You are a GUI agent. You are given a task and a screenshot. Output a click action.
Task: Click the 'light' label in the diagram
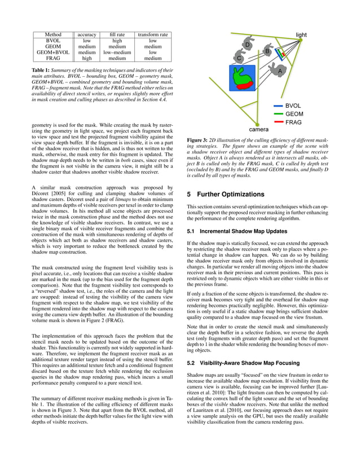tap(301, 35)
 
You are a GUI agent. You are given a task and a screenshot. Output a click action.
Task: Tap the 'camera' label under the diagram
tap(259, 129)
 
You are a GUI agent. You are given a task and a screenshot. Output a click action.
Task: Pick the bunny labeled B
tap(267, 52)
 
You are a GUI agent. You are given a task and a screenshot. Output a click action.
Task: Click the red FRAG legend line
tap(278, 122)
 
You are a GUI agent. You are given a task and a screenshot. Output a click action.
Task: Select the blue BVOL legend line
tap(278, 105)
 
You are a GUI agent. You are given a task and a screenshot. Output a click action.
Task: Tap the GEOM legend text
tap(294, 114)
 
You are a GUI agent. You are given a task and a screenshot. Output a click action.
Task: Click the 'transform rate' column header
tap(152, 34)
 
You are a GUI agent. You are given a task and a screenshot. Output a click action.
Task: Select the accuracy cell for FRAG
tap(86, 58)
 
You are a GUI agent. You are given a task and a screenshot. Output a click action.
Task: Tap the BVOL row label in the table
tap(53, 41)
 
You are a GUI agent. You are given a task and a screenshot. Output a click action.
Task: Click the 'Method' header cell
tap(53, 34)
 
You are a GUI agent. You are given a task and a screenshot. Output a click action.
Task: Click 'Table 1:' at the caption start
tap(42, 69)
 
